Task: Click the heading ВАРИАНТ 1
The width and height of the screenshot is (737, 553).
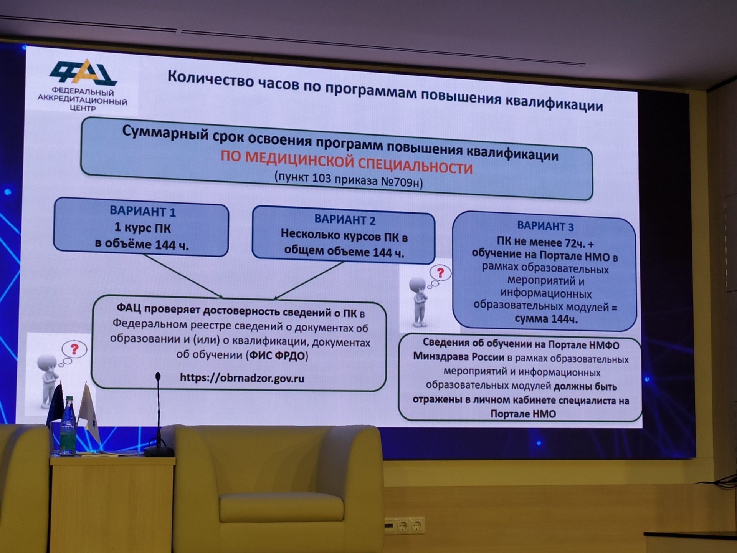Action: pyautogui.click(x=142, y=211)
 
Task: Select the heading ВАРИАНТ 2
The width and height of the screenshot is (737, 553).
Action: pyautogui.click(x=345, y=220)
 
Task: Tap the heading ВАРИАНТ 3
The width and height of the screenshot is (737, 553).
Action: pyautogui.click(x=545, y=226)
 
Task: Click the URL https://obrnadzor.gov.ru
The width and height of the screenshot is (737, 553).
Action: pyautogui.click(x=242, y=378)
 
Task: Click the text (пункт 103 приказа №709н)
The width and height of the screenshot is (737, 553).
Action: pyautogui.click(x=349, y=180)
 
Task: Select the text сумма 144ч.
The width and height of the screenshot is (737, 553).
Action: pyautogui.click(x=546, y=319)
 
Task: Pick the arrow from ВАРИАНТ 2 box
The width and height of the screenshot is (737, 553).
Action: pyautogui.click(x=309, y=281)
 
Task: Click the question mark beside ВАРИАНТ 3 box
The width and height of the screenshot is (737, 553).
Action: pyautogui.click(x=440, y=273)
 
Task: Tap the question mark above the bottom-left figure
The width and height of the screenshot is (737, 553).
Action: pyautogui.click(x=74, y=349)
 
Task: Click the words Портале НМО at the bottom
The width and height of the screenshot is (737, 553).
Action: pyautogui.click(x=523, y=414)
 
